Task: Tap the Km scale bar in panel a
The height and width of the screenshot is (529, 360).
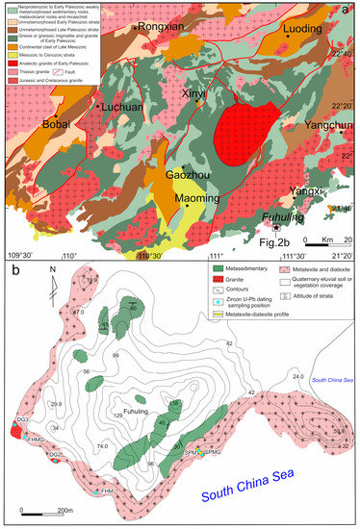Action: [x=323, y=239]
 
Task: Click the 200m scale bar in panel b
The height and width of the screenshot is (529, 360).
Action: [x=42, y=510]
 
